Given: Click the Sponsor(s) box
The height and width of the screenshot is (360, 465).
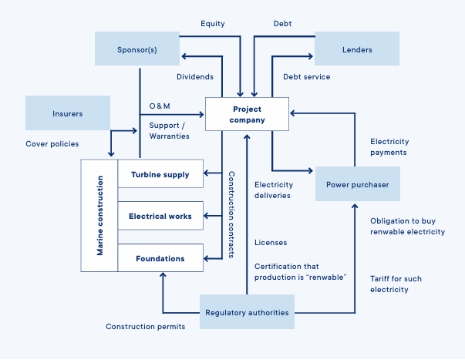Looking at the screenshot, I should tap(136, 49).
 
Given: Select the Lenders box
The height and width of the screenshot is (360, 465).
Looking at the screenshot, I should tap(356, 49).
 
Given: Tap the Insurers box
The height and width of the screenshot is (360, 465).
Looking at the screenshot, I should tap(68, 113).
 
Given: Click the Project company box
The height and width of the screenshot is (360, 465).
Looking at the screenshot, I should tap(247, 114).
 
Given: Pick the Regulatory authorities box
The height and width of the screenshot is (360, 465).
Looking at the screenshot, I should tap(247, 312).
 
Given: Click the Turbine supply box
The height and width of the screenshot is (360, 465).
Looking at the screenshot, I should tap(160, 175).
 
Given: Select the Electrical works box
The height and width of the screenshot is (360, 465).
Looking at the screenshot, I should tap(160, 217).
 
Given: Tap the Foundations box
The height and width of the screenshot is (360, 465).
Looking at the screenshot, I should tap(160, 258).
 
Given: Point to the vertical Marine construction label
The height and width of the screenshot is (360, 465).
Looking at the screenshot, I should tap(99, 216).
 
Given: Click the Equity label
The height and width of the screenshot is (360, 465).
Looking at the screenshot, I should tap(212, 24).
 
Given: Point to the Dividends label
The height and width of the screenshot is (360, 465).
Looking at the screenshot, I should tap(195, 77).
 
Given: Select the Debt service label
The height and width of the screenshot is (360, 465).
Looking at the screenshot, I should tap(306, 77).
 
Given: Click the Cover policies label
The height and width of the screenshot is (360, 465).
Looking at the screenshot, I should tap(52, 144).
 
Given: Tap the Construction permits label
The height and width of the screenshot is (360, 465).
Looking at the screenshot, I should tap(145, 327).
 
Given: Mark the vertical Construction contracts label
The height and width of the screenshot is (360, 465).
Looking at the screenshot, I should tap(231, 214).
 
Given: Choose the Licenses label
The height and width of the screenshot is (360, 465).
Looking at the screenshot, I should tap(271, 243).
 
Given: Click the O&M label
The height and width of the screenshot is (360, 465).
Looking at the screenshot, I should tap(160, 106).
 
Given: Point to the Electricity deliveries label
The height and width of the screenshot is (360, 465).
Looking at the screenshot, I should tap(274, 190).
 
